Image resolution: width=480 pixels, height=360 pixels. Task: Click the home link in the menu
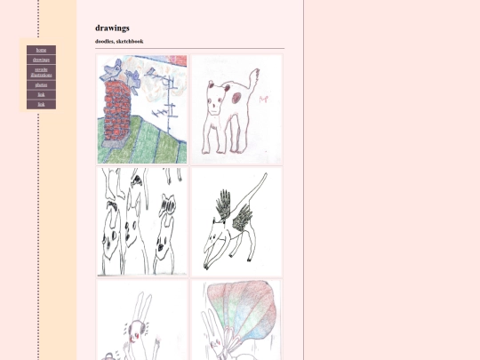pyautogui.click(x=41, y=50)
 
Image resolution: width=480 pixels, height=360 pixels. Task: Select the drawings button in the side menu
pyautogui.click(x=41, y=60)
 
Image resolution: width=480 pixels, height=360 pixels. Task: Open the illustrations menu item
pyautogui.click(x=41, y=72)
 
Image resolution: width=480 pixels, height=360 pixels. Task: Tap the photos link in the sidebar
pyautogui.click(x=41, y=84)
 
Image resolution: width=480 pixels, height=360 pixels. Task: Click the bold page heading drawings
pyautogui.click(x=112, y=28)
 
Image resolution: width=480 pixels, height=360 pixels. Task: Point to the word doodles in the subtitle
pyautogui.click(x=104, y=41)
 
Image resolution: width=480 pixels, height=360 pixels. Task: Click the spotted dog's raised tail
pyautogui.click(x=256, y=81)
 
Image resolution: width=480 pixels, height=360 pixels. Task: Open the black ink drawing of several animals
pyautogui.click(x=142, y=221)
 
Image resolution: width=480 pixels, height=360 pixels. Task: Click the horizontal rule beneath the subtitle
pyautogui.click(x=189, y=49)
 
